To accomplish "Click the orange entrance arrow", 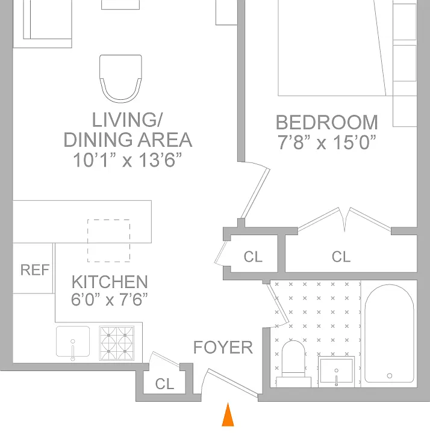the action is pos(228,416).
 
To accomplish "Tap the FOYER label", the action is pos(223,348).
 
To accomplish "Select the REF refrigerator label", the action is pos(35,270).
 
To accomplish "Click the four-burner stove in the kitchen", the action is pos(117,343).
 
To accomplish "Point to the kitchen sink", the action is pos(73,342).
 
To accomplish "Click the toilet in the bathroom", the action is pos(293,364).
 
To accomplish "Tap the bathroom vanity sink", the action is pos(336,372).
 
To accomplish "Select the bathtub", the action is pos(390,334).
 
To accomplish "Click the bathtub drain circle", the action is pos(390,375).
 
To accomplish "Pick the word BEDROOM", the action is pos(327,122).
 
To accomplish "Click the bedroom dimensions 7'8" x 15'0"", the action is pos(327,142).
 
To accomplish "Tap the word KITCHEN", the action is pos(110,282).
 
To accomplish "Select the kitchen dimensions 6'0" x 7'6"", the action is pos(110,299).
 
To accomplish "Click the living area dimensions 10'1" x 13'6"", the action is pos(128,160).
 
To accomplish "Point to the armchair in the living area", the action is pos(121,79).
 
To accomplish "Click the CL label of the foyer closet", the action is pos(164,384).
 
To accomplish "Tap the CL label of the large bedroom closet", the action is pos(341,257).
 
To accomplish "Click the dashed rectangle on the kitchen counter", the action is pos(108,241).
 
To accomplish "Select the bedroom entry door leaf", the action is pos(255,193).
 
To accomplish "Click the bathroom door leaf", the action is pos(278,304).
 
